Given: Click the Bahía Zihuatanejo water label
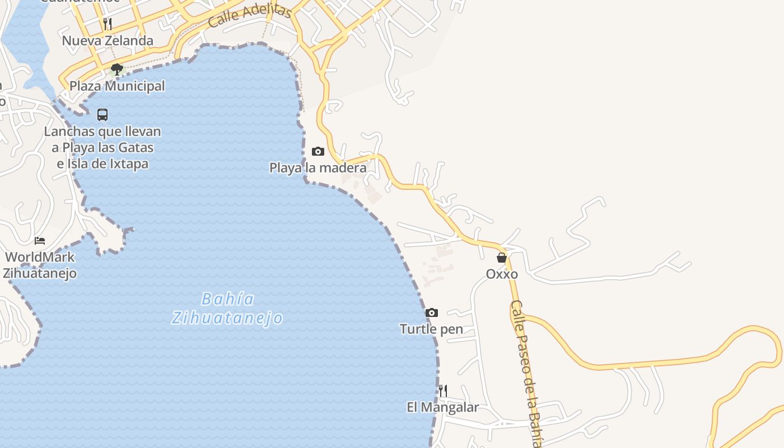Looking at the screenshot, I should coord(227,309).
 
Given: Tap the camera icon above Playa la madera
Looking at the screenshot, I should coord(318,151).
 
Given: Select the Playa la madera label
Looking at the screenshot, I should coord(318,167).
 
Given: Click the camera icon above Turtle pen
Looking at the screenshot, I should coord(431,312).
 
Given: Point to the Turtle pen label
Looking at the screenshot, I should coord(431,329).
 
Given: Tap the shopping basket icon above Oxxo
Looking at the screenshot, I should coord(502,258).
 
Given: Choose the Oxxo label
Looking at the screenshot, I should coord(502,274).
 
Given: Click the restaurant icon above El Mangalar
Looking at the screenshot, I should coord(442,390).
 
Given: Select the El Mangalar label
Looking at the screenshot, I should coord(442,407).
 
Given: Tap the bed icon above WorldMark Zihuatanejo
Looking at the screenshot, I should coord(40,241).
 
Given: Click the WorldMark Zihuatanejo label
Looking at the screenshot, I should coord(40,265).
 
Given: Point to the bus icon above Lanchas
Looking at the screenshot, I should coord(102,115).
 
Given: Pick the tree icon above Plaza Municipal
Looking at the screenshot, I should coord(117,69).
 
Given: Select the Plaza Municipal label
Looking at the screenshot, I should coord(117,86).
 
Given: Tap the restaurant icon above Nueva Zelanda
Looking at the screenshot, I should coord(108,24).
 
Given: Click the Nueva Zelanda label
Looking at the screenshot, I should coord(108,40).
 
